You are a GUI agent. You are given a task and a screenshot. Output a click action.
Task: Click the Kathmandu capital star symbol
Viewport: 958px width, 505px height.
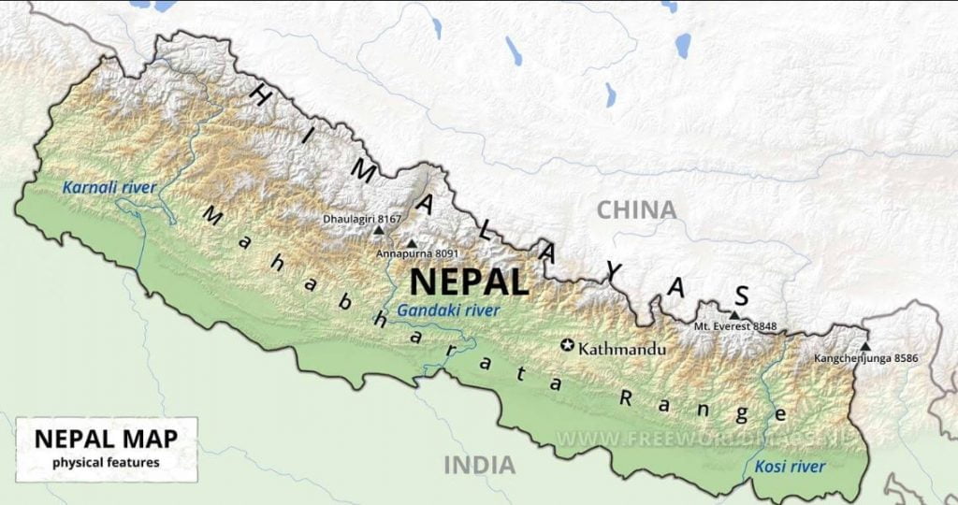[567, 345]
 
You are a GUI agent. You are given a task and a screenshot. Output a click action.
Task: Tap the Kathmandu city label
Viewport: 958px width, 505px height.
[622, 349]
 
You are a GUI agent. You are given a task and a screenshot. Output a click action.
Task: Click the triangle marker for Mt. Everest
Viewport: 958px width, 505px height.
[735, 316]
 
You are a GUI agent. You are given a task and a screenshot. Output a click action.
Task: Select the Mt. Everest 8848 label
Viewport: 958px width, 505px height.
[735, 327]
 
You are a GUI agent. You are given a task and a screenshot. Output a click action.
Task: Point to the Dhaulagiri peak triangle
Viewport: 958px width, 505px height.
[379, 229]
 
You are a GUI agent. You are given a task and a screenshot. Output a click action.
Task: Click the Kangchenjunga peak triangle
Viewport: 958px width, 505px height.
[865, 346]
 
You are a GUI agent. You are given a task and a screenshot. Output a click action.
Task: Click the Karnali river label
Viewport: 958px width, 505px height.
[109, 188]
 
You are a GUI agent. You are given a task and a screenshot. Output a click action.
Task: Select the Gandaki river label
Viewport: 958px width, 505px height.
[448, 310]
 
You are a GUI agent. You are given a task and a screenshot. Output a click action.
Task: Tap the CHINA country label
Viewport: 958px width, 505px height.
[636, 209]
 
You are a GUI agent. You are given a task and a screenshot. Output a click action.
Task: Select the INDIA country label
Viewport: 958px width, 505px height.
[479, 464]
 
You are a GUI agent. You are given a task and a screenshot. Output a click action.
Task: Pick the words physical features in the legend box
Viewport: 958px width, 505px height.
[106, 462]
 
